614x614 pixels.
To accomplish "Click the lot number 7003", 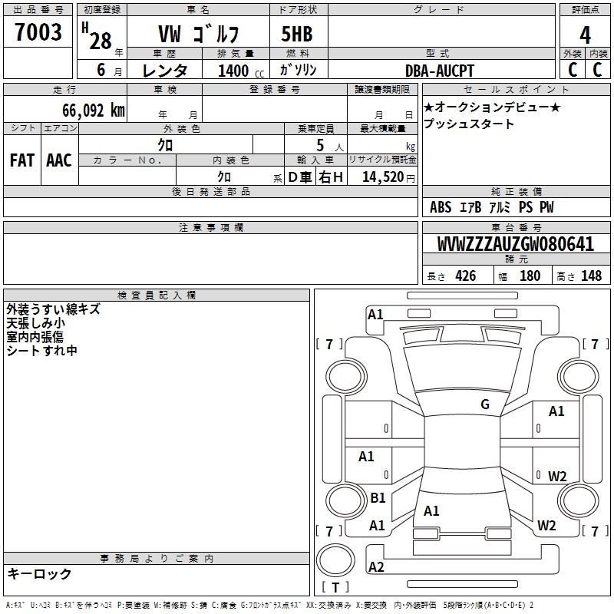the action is coord(38,33).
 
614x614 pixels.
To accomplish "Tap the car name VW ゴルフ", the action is coord(198,35).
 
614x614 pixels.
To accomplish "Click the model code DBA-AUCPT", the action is coord(440,71).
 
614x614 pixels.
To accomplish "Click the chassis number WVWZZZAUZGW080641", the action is coord(516,245).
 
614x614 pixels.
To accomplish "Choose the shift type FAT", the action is coord(21,160).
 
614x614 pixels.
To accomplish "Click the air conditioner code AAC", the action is coord(58,160).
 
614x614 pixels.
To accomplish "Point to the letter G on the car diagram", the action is coord(485,404).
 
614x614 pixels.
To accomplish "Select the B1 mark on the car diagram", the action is coord(378,498).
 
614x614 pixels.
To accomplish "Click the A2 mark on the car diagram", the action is coord(376,567).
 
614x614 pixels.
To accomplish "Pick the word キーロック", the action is coord(39,574).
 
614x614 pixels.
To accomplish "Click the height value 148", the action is coord(591,276).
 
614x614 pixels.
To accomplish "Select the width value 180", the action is coord(530,276).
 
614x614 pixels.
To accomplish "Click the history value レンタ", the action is coord(165,71).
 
